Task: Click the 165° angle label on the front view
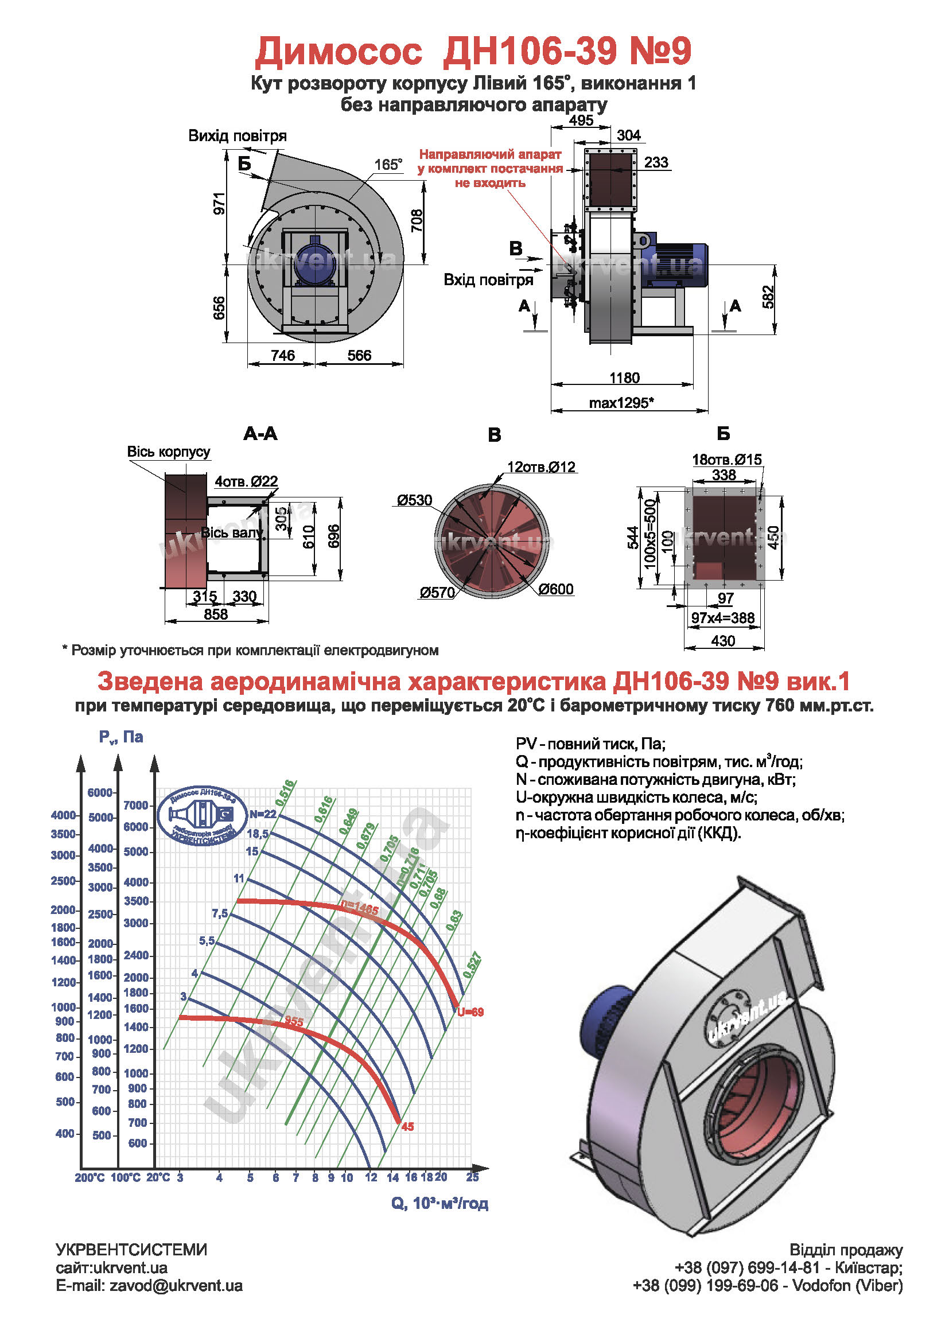[388, 165]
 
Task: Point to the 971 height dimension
[219, 204]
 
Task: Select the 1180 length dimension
[624, 378]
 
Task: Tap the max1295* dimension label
[621, 403]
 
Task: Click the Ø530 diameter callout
[414, 500]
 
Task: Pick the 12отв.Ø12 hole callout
[541, 467]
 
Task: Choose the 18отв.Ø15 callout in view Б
[726, 460]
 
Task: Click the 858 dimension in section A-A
[216, 614]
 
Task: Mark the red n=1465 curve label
[359, 909]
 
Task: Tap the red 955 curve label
[294, 1021]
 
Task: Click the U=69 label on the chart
[470, 1012]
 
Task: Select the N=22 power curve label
[262, 814]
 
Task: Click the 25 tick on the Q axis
[472, 1177]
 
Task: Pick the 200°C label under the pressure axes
[90, 1178]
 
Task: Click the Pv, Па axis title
[121, 737]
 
